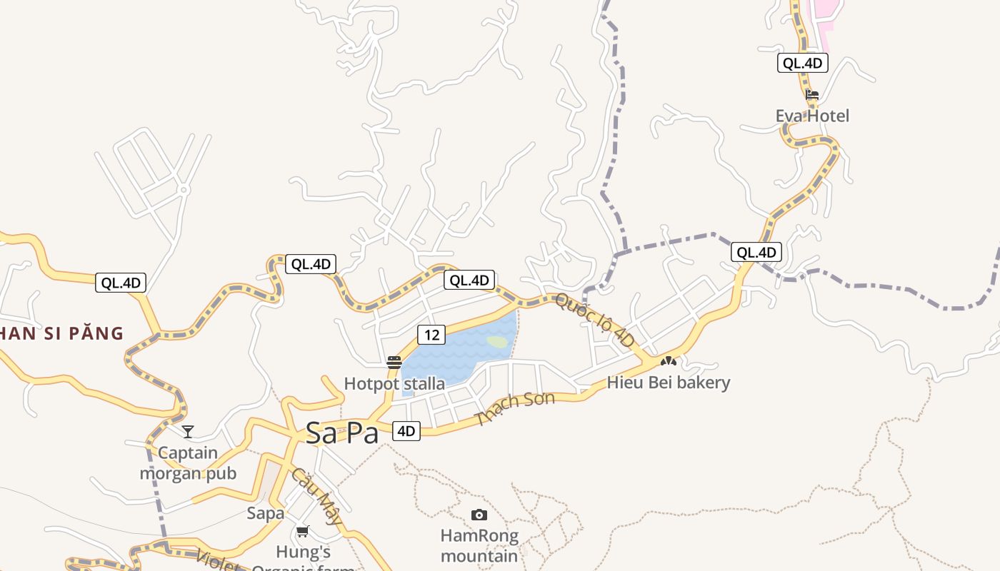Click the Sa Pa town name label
341,433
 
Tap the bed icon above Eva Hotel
812,94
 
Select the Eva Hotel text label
812,116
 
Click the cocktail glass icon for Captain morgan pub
188,431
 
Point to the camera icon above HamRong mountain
479,515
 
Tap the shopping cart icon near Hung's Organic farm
303,531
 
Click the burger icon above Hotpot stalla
394,363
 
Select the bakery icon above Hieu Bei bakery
668,361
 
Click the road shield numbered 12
431,334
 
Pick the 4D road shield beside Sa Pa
406,431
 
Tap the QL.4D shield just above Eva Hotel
802,63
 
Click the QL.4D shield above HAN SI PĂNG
121,283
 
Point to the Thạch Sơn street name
514,409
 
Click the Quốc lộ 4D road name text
595,320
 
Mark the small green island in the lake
499,342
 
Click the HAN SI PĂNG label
61,333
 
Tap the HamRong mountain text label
479,545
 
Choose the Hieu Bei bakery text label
668,383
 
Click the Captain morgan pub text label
188,463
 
